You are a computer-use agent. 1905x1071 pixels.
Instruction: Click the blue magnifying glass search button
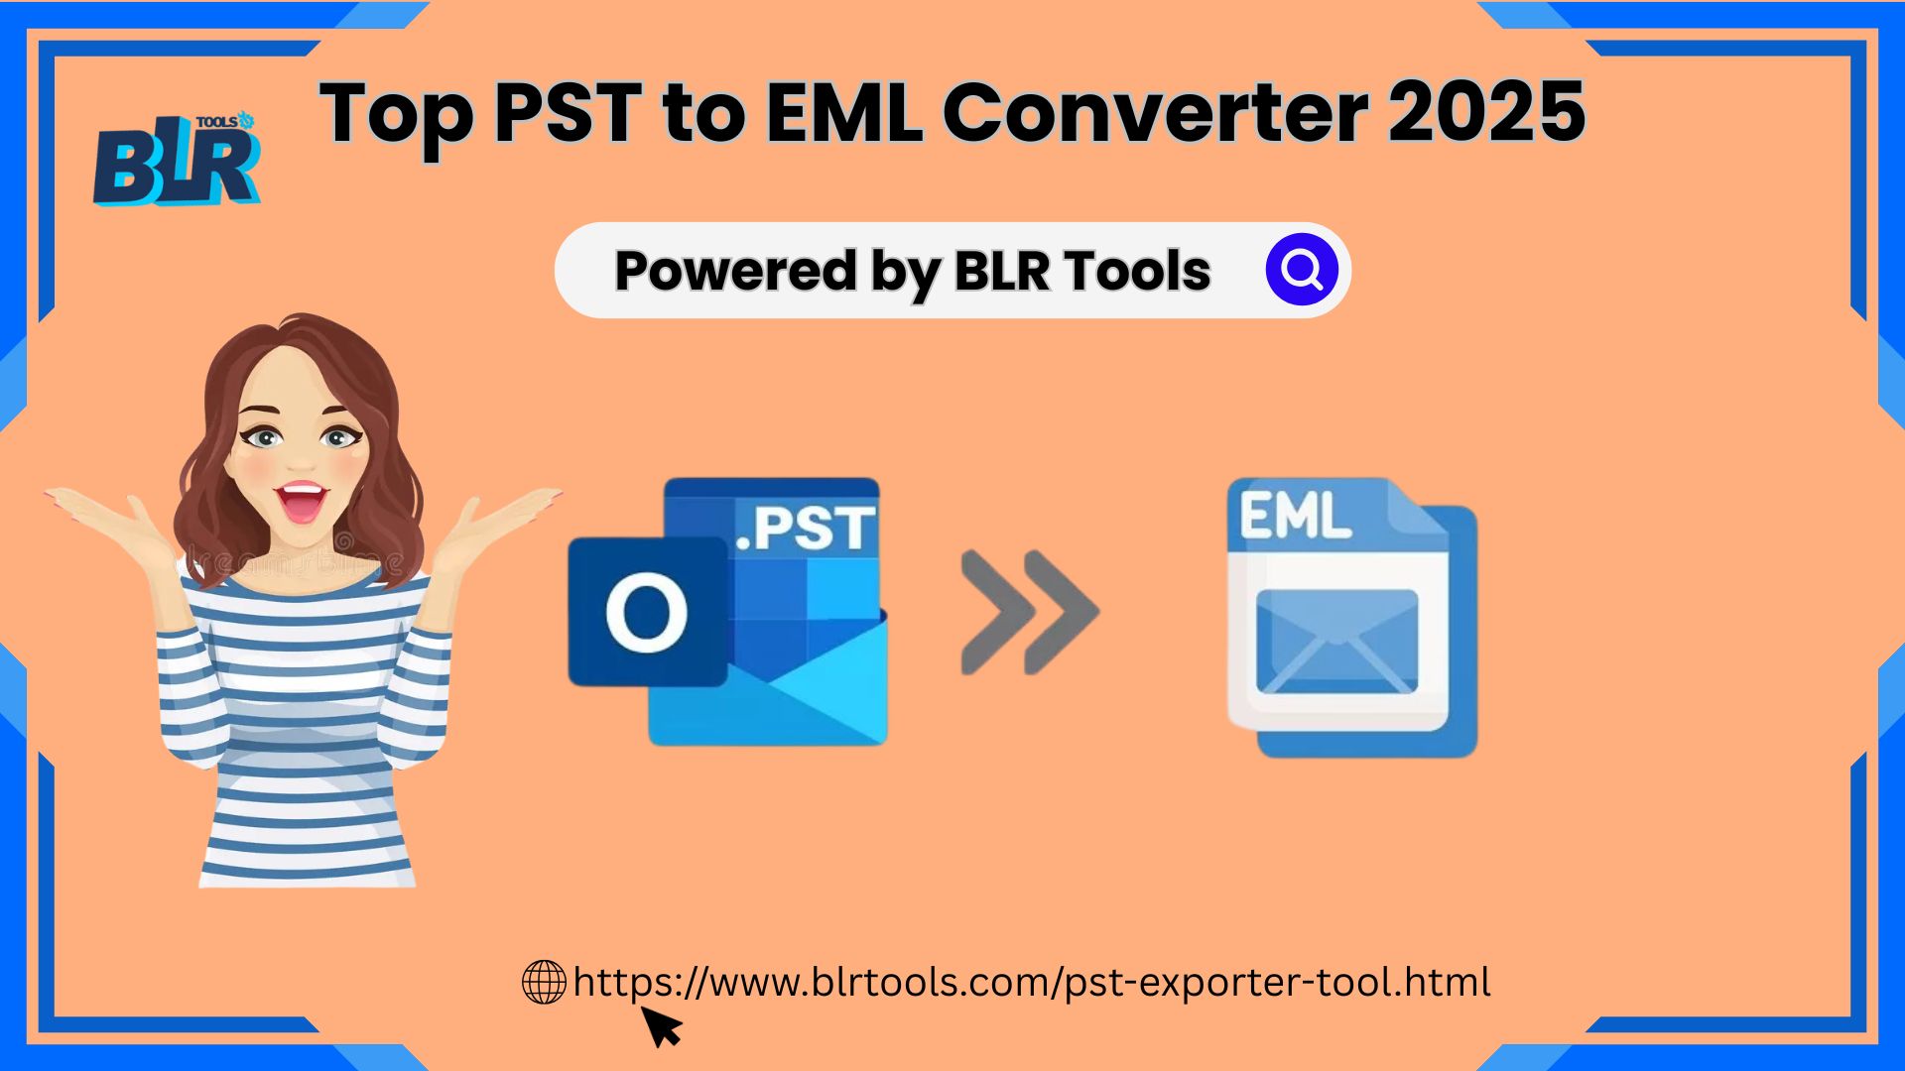coord(1302,270)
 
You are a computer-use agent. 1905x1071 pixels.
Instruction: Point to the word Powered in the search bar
coord(735,271)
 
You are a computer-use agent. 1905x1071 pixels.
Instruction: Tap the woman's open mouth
coord(303,502)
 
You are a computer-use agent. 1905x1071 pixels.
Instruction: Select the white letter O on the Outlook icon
coord(646,613)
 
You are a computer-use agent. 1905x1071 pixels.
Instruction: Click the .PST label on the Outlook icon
coord(806,528)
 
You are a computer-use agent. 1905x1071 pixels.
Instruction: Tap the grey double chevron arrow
coord(1030,612)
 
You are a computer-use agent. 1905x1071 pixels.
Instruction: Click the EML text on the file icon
coord(1295,516)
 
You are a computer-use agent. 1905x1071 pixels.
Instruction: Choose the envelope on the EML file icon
coord(1336,642)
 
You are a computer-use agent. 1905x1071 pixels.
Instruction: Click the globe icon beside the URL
coord(544,982)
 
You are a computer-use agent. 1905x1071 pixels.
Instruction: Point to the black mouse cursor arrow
coord(662,1026)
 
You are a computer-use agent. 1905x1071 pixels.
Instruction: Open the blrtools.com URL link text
coord(1032,983)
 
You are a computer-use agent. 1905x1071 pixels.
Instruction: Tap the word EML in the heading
coord(844,111)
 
